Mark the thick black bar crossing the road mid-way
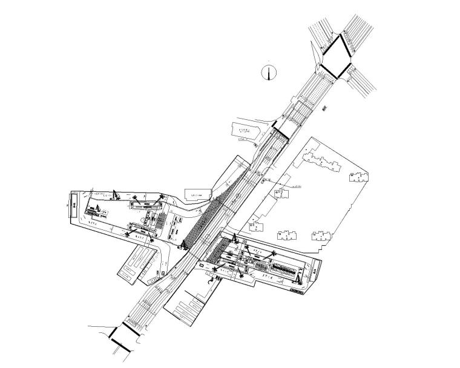pos(281,131)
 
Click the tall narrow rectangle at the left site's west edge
pos(73,204)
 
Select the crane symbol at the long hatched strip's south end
pos(183,245)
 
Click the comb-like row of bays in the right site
pos(285,266)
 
